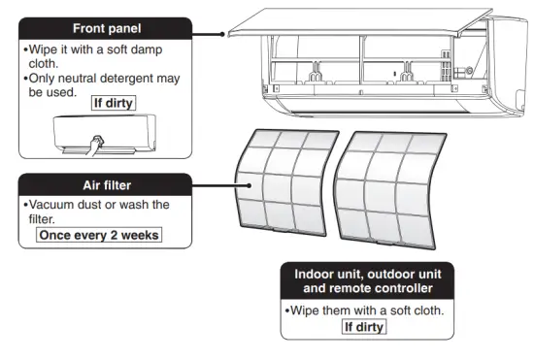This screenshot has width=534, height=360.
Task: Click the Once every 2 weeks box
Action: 97,235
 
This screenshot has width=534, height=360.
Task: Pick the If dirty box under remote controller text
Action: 364,326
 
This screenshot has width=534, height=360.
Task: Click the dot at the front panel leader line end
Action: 225,32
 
